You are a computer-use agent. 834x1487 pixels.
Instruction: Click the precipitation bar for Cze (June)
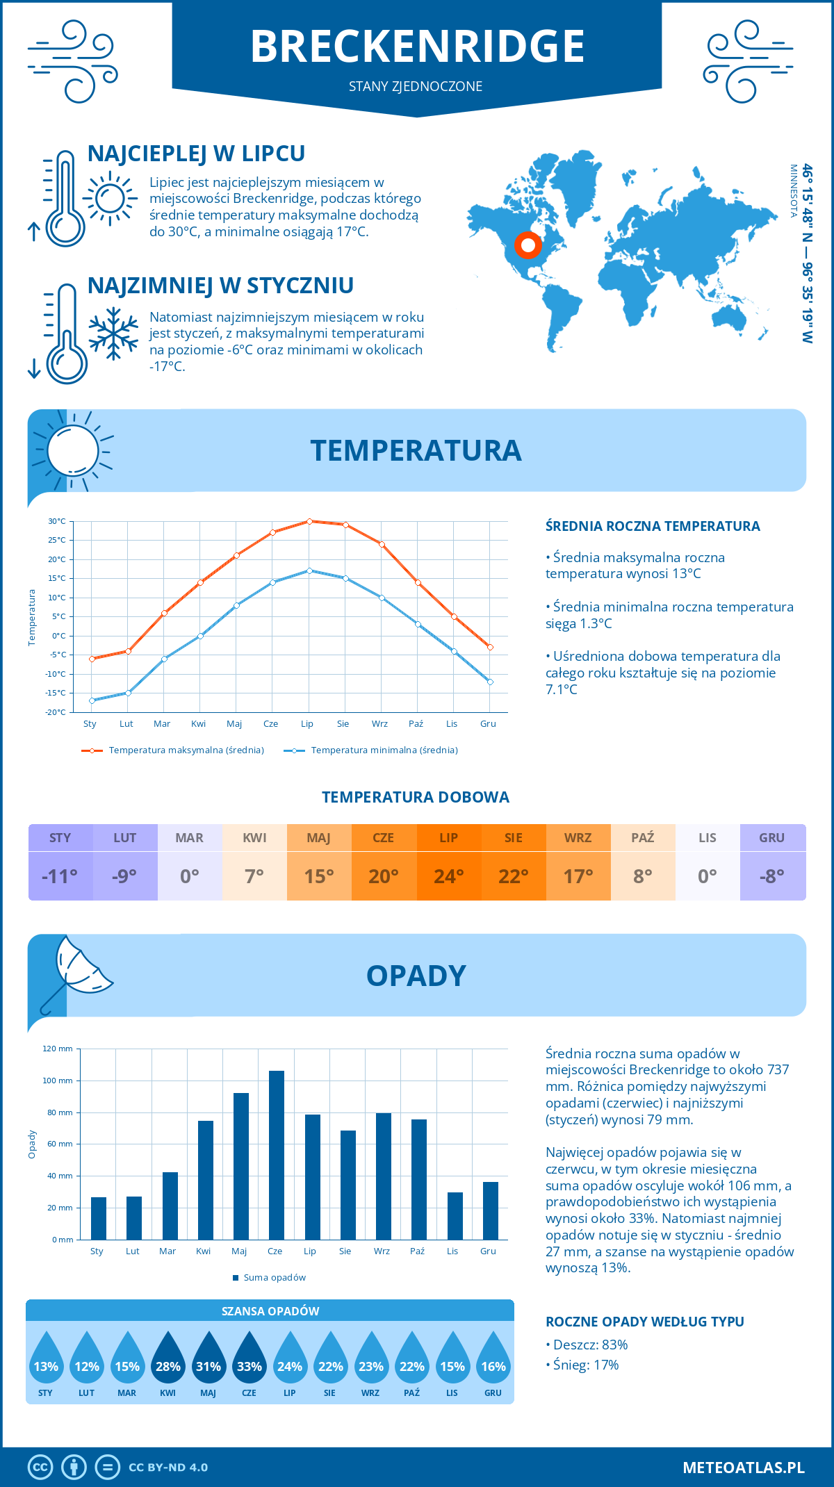[277, 1155]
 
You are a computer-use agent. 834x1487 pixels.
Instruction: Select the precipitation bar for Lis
[455, 1215]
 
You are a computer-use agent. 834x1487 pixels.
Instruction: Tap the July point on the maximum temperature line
[309, 521]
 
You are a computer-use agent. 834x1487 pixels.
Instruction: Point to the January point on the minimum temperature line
[92, 700]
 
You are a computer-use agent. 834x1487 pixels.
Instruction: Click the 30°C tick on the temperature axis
[57, 521]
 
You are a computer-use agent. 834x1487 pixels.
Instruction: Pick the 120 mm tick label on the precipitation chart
[58, 1049]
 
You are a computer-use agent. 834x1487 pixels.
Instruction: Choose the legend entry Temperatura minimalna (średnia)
[371, 750]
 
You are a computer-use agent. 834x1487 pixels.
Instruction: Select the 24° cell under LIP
[448, 876]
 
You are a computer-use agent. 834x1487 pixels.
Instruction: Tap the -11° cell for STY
[60, 876]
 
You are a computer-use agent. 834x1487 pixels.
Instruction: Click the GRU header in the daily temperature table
[771, 838]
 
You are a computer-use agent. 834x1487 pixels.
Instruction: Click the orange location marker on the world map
[528, 245]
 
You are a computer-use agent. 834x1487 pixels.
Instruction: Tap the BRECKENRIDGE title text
[417, 47]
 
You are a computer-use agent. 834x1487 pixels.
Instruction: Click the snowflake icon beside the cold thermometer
[113, 334]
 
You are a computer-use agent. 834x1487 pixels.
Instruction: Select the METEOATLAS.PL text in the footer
[743, 1467]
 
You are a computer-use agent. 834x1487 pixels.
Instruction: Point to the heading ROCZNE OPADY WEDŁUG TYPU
[644, 1322]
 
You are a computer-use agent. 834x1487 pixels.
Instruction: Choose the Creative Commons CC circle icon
[40, 1467]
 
